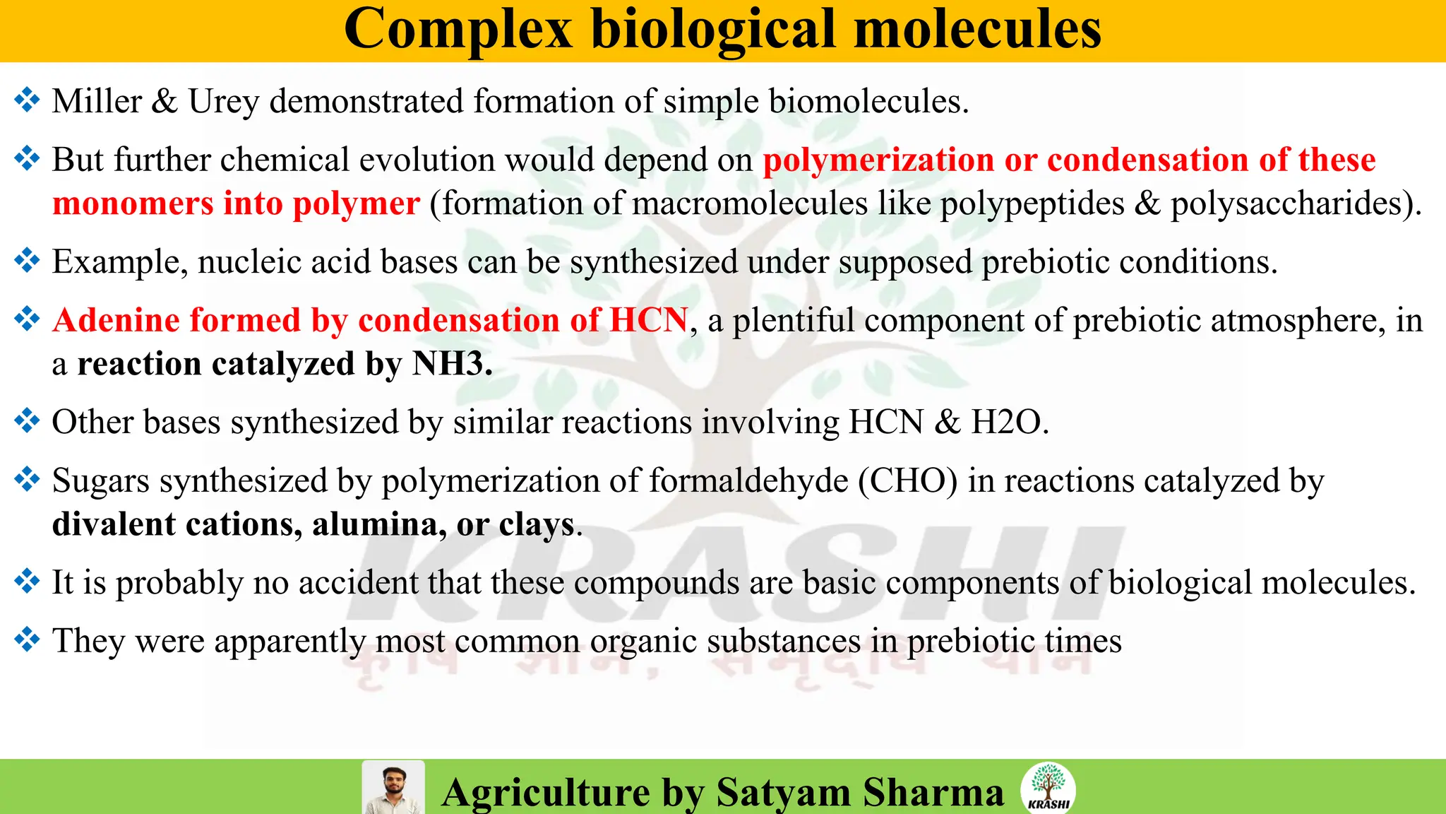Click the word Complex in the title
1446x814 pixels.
tap(458, 30)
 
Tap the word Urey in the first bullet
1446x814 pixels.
tap(223, 102)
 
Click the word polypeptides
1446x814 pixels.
tap(1032, 204)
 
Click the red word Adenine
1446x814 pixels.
tap(116, 320)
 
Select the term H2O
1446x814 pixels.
tap(1009, 423)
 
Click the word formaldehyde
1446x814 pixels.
tap(748, 481)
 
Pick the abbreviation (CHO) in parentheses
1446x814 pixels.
tap(908, 481)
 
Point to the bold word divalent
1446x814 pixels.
tap(114, 525)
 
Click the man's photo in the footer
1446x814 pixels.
tap(393, 788)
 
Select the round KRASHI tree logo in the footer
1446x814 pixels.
tap(1048, 787)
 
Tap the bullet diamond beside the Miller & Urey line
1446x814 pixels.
tap(27, 100)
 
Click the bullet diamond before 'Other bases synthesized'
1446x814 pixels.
tap(27, 421)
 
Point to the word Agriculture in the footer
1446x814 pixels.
tap(546, 792)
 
